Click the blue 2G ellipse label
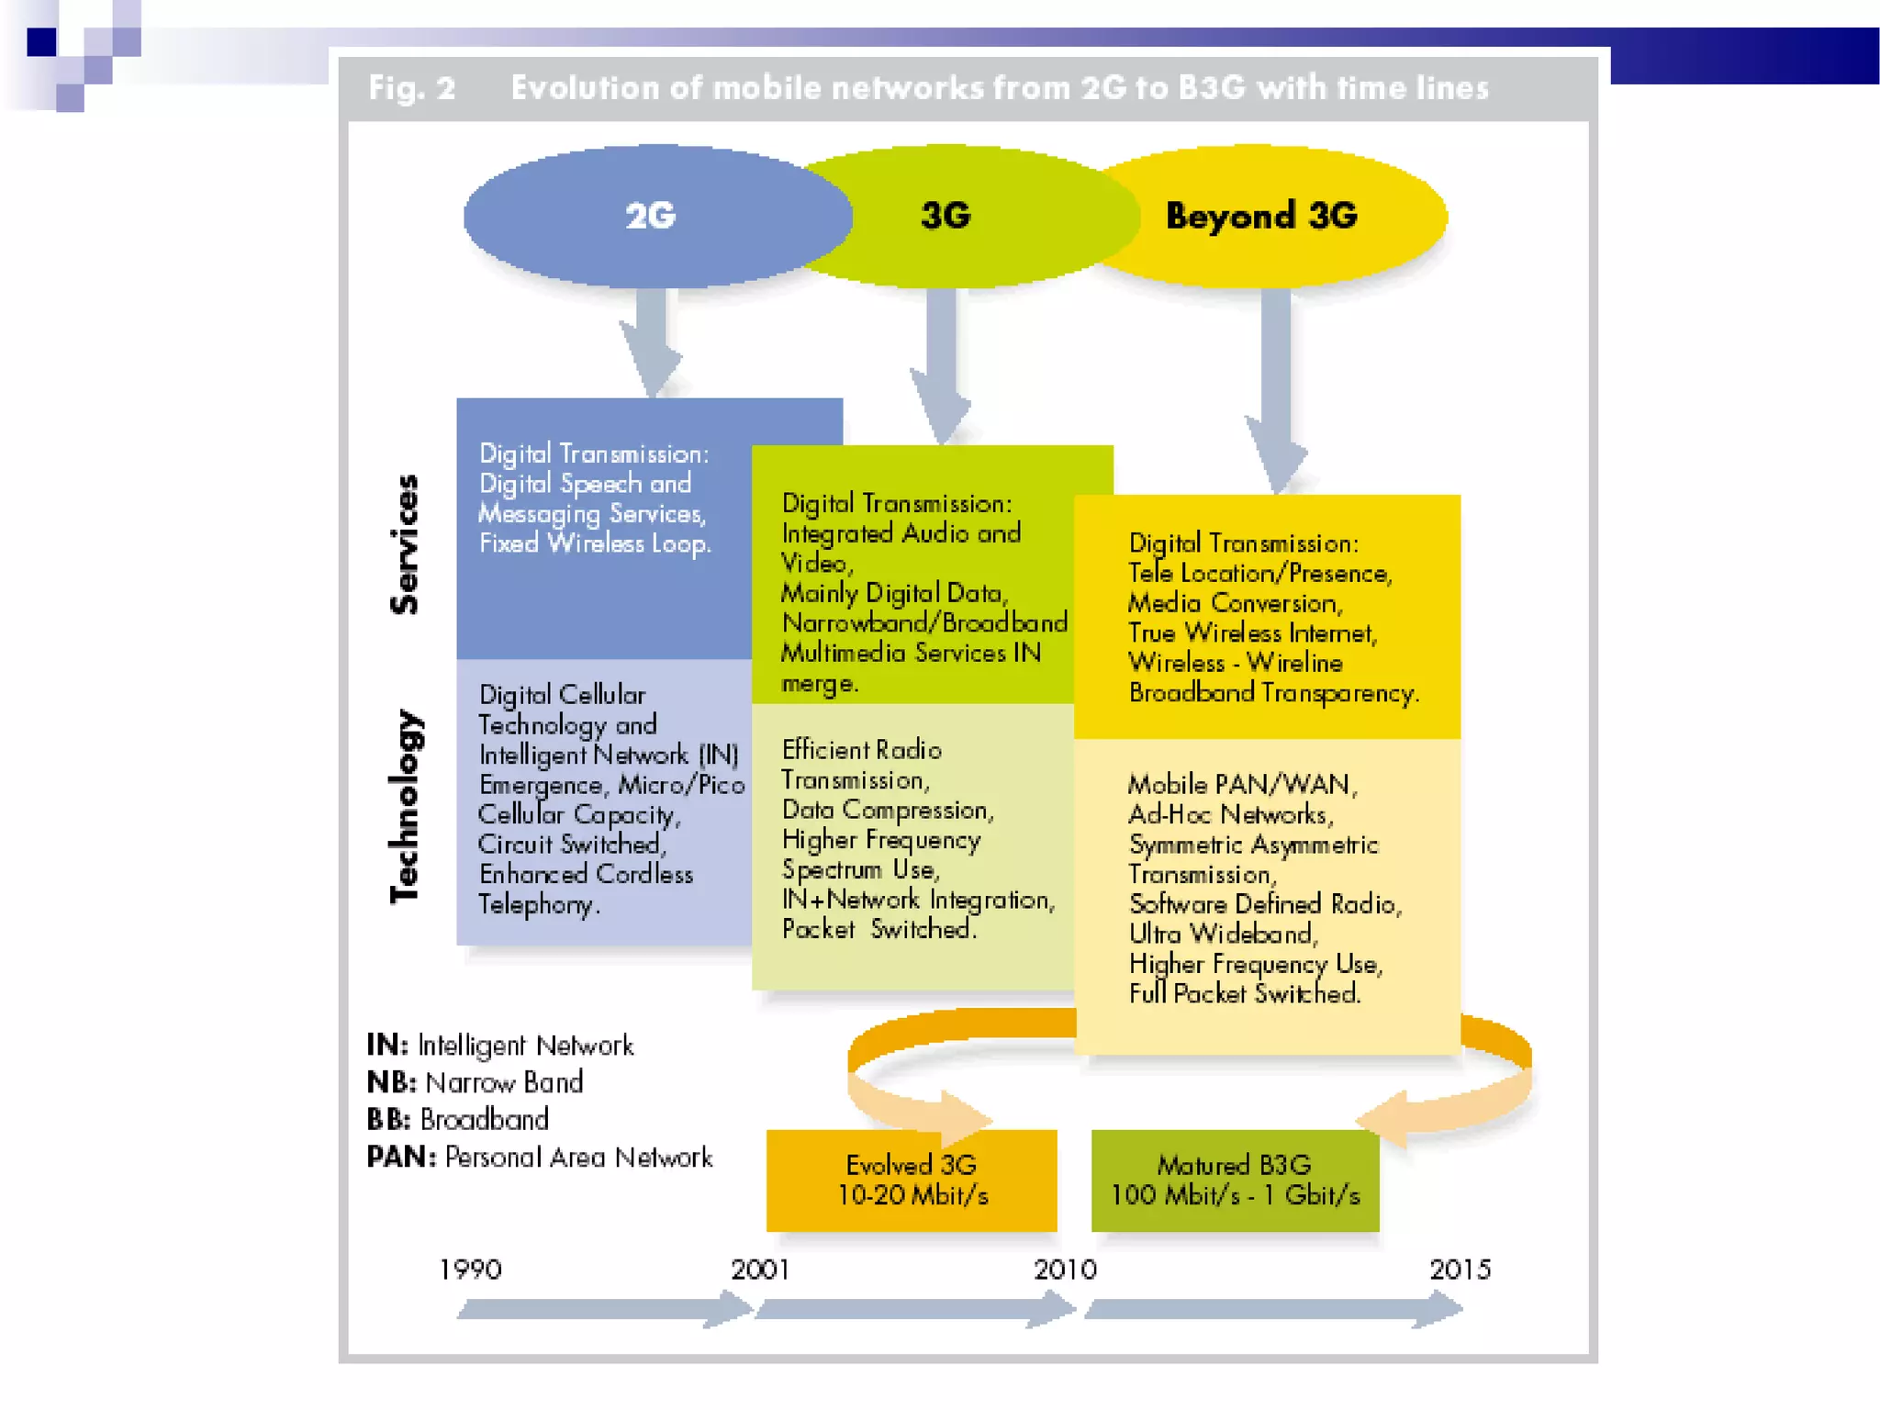pos(650,216)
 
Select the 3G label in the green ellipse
pos(946,216)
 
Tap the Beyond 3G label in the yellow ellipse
pos(1261,216)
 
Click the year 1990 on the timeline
pos(470,1270)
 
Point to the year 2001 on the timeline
pos(760,1270)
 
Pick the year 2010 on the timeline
pos(1065,1270)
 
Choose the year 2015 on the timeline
pos(1460,1270)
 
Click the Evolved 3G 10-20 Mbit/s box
pos(912,1181)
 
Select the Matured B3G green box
pos(1235,1181)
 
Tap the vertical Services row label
pos(405,544)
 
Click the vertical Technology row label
pos(405,806)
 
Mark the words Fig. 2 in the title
pos(412,88)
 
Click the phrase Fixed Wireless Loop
pos(595,543)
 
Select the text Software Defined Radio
pos(1265,904)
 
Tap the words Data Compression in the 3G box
pos(887,810)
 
